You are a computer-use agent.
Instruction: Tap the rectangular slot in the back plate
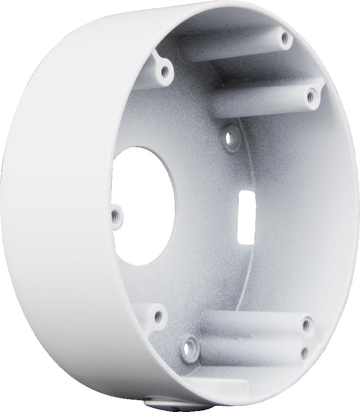pyautogui.click(x=246, y=218)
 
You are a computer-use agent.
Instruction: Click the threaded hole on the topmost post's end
pyautogui.click(x=285, y=38)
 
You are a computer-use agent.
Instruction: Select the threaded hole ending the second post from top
pyautogui.click(x=310, y=97)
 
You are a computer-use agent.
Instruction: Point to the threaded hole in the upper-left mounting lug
pyautogui.click(x=164, y=72)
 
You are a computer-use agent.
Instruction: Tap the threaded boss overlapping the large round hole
pyautogui.click(x=115, y=216)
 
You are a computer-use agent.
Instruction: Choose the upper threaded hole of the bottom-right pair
pyautogui.click(x=306, y=325)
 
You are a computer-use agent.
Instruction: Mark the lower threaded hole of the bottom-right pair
pyautogui.click(x=304, y=353)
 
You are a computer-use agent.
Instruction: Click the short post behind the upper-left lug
pyautogui.click(x=142, y=81)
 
